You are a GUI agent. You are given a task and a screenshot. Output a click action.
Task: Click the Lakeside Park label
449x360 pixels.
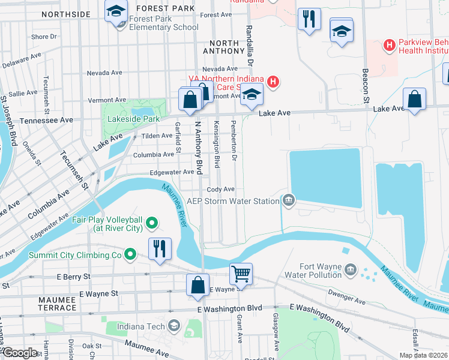point(133,119)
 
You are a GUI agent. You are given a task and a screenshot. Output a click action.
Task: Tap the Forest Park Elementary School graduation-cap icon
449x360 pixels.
point(116,11)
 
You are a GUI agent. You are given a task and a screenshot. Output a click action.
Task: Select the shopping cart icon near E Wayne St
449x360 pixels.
point(241,274)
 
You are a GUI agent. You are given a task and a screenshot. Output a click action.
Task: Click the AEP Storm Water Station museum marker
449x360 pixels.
point(289,201)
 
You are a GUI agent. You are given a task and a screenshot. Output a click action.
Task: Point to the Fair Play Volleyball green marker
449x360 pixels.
point(151,224)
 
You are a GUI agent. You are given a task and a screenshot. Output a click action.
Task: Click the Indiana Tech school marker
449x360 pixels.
point(174,326)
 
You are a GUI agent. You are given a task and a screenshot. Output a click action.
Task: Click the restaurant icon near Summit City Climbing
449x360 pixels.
point(159,248)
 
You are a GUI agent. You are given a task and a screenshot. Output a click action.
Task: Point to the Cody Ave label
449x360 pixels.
point(220,189)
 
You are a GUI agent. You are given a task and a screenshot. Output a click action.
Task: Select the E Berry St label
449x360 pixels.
point(73,277)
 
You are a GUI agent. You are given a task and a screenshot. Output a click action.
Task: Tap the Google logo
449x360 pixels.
point(20,353)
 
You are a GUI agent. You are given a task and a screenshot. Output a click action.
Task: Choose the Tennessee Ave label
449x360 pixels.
point(47,120)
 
